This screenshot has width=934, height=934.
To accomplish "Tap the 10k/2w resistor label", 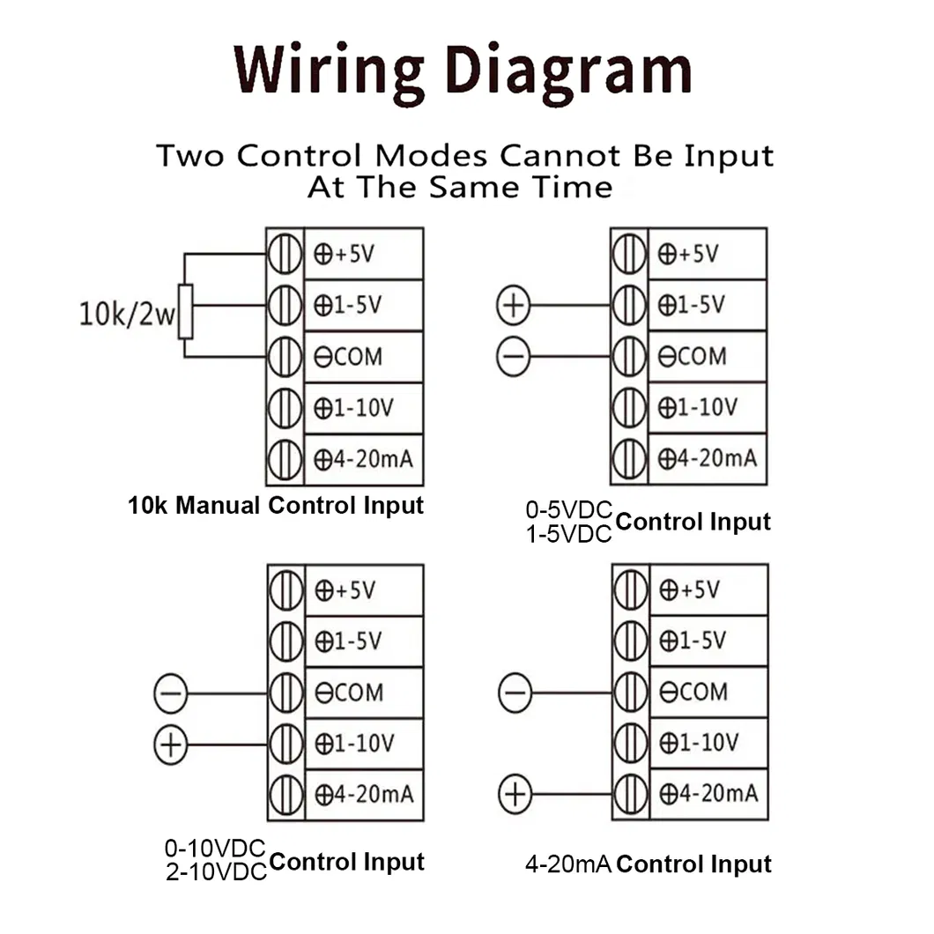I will [127, 315].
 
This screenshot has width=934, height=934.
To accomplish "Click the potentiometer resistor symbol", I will [185, 311].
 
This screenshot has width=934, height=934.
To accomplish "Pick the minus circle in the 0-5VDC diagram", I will [513, 357].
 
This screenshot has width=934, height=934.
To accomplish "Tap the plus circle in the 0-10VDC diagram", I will [170, 745].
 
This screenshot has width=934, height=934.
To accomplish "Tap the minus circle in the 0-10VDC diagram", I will [170, 693].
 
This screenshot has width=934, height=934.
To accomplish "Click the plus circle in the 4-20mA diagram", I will [515, 796].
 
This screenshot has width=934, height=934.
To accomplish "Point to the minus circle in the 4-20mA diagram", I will [515, 693].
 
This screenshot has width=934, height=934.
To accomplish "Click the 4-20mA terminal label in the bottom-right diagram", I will [708, 794].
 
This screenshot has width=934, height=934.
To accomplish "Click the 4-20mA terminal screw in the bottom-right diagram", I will [630, 795].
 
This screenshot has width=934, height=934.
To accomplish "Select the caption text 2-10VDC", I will [215, 872].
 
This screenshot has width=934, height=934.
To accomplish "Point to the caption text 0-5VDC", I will [568, 510].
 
